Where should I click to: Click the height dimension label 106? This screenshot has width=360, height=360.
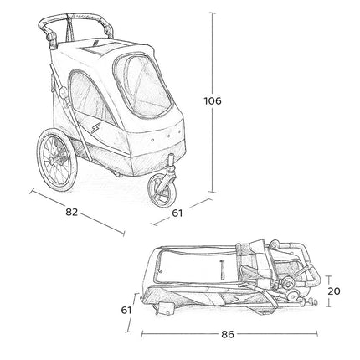[x=213, y=100]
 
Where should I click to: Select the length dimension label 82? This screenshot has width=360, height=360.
[x=71, y=212]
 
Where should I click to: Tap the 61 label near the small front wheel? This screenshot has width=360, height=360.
[x=177, y=213]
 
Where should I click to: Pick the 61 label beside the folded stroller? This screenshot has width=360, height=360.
[x=126, y=310]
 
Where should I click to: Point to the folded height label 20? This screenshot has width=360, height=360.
[x=334, y=291]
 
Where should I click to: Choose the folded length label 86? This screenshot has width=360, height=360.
[x=228, y=334]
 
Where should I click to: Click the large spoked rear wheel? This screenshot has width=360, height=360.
[x=57, y=159]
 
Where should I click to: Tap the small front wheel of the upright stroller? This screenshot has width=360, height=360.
[x=162, y=191]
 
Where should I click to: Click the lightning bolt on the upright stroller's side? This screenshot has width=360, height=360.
[x=95, y=127]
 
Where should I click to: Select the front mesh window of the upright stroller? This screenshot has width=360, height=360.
[x=142, y=86]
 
